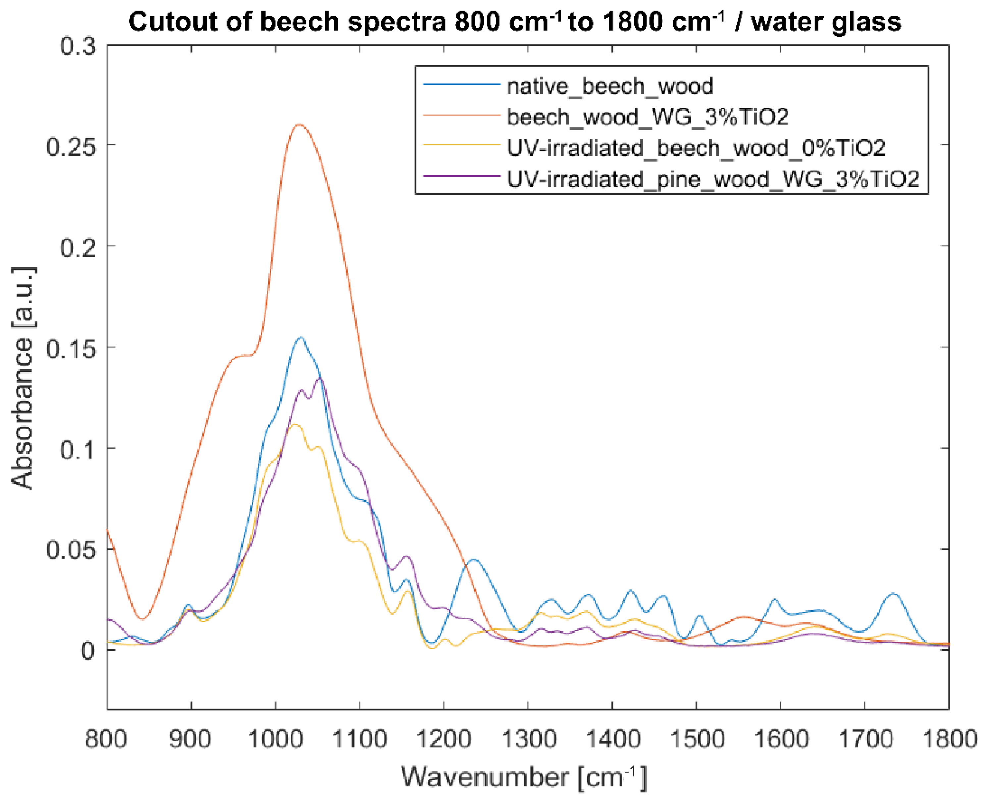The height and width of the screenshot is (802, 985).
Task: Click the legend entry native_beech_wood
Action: (x=609, y=86)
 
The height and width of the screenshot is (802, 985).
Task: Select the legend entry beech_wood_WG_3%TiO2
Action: (x=647, y=117)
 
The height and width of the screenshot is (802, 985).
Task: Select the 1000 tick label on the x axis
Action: (x=275, y=739)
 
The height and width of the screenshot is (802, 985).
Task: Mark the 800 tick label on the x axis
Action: (x=106, y=739)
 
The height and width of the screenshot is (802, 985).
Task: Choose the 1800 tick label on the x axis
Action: (x=950, y=739)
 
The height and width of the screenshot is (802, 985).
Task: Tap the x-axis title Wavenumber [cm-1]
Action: (x=524, y=777)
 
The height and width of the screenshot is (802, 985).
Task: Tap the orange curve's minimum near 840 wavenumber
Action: (x=143, y=619)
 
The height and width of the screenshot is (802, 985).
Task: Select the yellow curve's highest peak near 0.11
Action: (x=295, y=424)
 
